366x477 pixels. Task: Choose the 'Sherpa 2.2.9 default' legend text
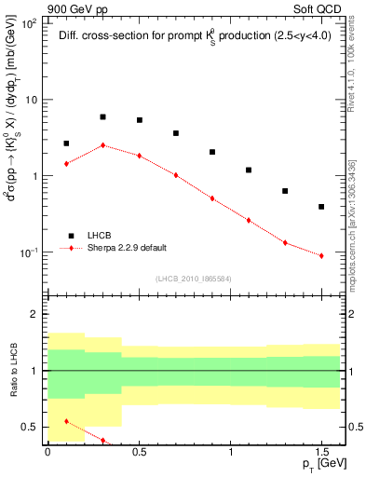point(127,248)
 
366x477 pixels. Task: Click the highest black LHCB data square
point(102,117)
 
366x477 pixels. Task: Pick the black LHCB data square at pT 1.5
point(321,207)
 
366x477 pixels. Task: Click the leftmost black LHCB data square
point(66,143)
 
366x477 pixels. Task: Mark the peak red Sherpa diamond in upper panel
point(102,145)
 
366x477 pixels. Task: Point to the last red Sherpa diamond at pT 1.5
point(321,255)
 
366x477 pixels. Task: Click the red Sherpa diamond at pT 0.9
point(212,198)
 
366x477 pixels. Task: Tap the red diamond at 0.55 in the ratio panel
point(66,421)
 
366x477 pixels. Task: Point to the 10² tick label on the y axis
point(29,22)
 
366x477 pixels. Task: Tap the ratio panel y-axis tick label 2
point(37,315)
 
